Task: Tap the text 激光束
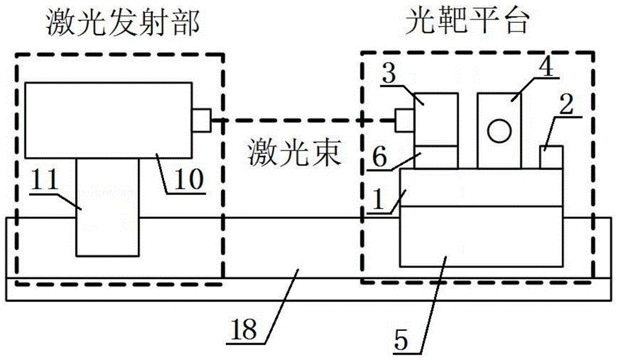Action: tap(295, 153)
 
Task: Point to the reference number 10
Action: tap(189, 179)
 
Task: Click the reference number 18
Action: tap(243, 329)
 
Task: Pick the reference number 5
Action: tap(401, 340)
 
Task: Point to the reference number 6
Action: tap(380, 157)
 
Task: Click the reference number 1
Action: tap(378, 199)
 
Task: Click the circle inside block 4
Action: tap(499, 131)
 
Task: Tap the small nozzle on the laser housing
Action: tap(202, 120)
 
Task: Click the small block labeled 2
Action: tap(551, 157)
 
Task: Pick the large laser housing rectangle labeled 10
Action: tap(109, 120)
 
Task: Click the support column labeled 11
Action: tap(108, 207)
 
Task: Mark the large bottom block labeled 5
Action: tap(481, 236)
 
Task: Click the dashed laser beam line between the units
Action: tap(303, 120)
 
